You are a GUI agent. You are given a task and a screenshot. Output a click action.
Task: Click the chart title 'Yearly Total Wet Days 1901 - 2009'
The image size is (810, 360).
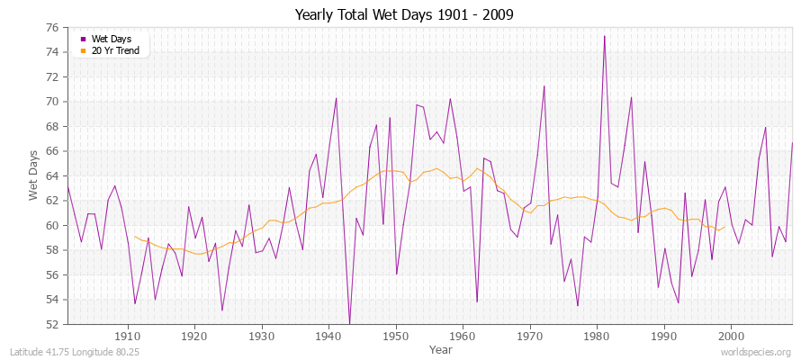click(x=404, y=15)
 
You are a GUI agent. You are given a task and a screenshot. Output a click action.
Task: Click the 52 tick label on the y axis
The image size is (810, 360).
click(x=51, y=324)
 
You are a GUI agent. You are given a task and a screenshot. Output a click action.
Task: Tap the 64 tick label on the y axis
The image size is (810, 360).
click(x=51, y=175)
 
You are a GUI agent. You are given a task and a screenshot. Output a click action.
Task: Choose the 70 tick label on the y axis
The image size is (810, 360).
click(x=51, y=102)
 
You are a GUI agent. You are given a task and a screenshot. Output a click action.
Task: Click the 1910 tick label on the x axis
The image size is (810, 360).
click(x=128, y=335)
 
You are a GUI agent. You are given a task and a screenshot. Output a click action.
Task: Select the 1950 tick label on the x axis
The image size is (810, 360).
click(x=395, y=335)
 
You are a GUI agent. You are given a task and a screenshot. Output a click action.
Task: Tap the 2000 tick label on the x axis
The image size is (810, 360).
click(x=730, y=335)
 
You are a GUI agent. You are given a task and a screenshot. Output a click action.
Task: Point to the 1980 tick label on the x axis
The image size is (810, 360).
click(x=596, y=335)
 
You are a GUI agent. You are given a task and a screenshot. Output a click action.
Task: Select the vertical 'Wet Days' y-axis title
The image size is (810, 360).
click(x=33, y=175)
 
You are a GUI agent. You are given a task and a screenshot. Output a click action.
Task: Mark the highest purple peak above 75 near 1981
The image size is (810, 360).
click(x=604, y=36)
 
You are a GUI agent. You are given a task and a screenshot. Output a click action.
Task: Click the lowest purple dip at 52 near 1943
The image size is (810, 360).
click(x=349, y=323)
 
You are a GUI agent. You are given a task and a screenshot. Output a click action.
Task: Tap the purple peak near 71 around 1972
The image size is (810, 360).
click(x=544, y=85)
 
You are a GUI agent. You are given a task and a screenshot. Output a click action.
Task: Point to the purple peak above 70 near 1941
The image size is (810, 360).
click(x=336, y=98)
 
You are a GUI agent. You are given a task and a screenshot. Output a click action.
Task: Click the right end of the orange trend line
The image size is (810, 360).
click(x=724, y=227)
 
